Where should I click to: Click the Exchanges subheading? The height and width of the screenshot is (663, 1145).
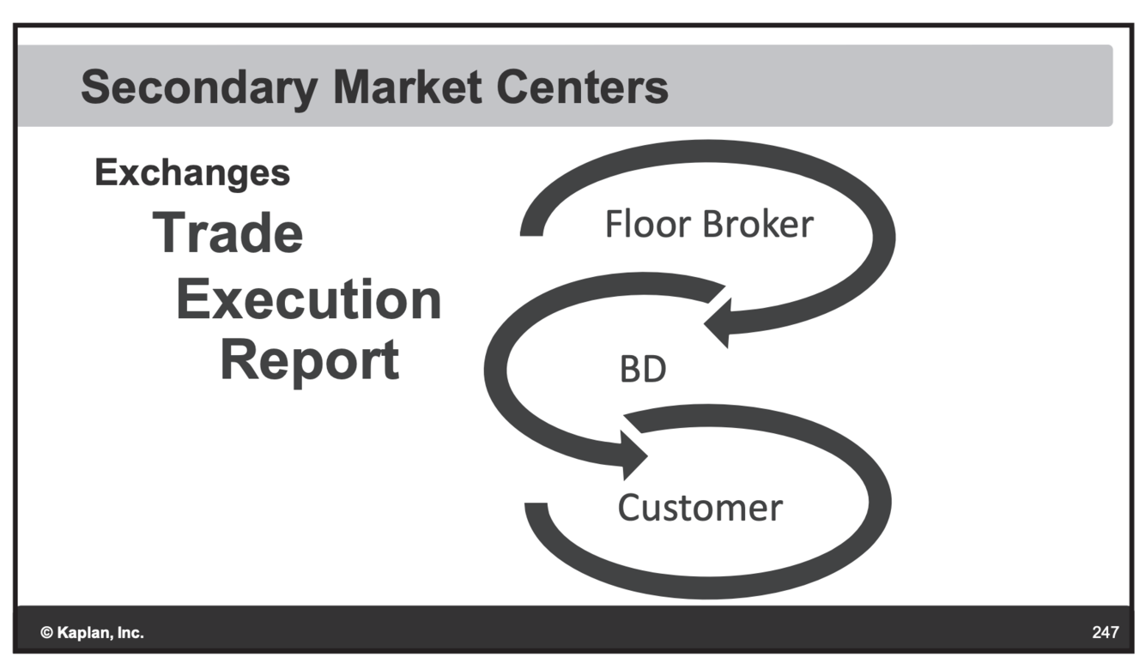(192, 173)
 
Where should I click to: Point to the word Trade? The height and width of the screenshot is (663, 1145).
(228, 232)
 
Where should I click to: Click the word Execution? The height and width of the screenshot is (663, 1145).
(309, 300)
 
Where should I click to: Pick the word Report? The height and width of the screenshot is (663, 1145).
(310, 360)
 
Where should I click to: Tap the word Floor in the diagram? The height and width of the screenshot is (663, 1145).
(649, 224)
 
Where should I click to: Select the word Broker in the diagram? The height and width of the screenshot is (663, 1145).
(757, 224)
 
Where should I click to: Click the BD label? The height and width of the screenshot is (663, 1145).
(643, 370)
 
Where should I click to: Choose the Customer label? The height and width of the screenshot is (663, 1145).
(700, 508)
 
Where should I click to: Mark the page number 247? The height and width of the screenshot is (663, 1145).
(1106, 633)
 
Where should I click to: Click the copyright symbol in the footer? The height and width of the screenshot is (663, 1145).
(46, 634)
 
